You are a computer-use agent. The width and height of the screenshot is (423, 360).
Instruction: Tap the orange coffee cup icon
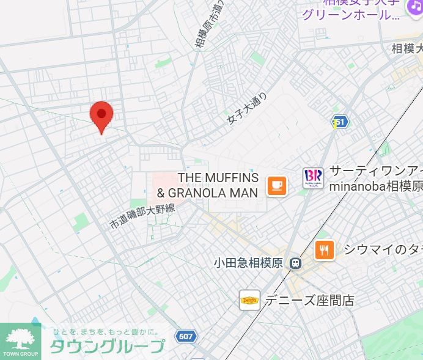pos(277,185)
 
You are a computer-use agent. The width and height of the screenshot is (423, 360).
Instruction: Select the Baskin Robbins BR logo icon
pos(313,178)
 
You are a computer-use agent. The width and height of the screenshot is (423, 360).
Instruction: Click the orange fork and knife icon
pos(325,249)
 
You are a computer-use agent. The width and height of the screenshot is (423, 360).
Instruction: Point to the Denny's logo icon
pos(249,300)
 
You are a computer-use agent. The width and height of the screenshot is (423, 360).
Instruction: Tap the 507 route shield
pos(185,336)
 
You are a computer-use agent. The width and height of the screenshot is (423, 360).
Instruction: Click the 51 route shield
pos(339,122)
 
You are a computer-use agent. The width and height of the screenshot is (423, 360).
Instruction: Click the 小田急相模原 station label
pos(248,263)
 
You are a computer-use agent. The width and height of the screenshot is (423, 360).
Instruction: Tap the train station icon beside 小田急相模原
pos(295,263)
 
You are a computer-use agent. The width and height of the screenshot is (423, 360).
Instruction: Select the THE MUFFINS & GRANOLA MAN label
pos(208,185)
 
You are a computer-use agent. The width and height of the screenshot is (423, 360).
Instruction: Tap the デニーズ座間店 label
pos(309,300)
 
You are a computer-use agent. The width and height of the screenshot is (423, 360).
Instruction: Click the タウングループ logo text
pos(106,346)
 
